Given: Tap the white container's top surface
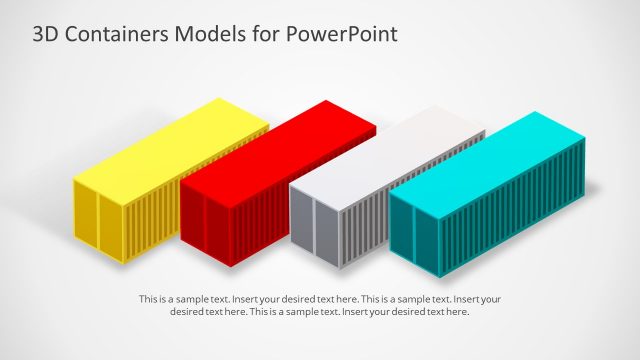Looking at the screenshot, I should pyautogui.click(x=390, y=155).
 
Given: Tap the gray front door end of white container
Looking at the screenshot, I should pyautogui.click(x=313, y=231).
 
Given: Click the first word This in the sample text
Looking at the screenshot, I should pyautogui.click(x=148, y=299).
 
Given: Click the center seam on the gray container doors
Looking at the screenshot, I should pyautogui.click(x=313, y=232).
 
